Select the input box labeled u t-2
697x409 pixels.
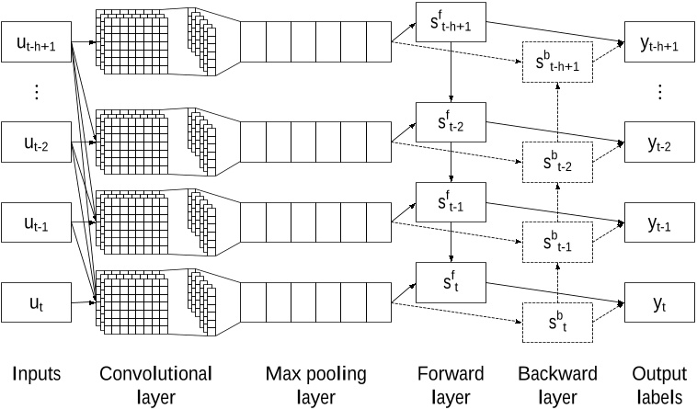[x=37, y=142]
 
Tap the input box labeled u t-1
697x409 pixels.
[x=37, y=223]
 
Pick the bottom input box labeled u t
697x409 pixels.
[x=37, y=302]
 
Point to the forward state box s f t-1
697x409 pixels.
[x=451, y=201]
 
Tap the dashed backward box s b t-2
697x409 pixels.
[x=555, y=163]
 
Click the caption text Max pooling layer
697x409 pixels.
[x=315, y=385]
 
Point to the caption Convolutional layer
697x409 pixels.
[x=154, y=385]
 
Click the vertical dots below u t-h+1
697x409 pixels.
[x=37, y=92]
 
